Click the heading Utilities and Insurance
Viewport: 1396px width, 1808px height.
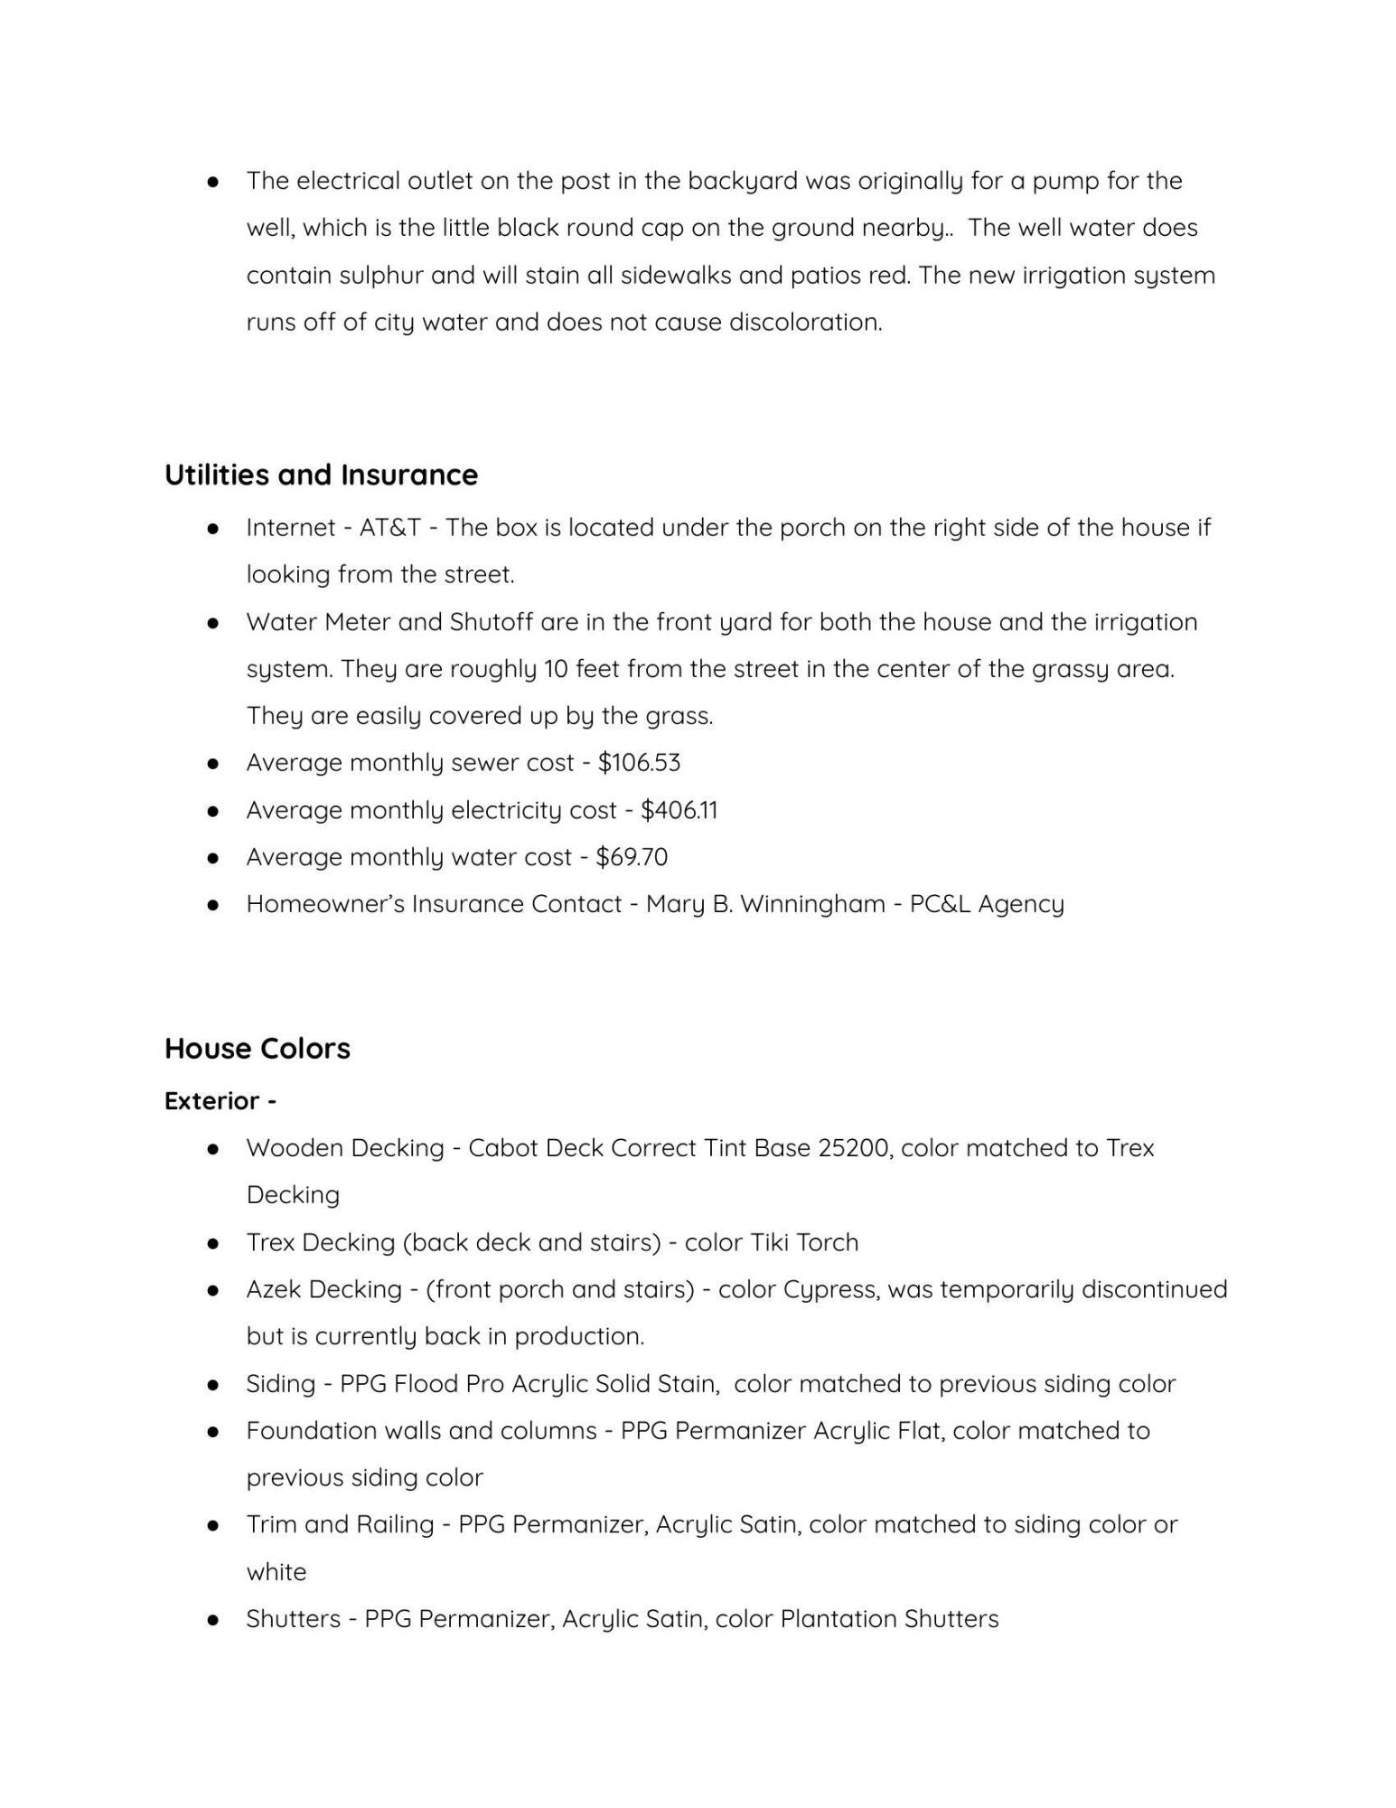(x=321, y=475)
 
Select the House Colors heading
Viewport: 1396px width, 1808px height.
(x=257, y=1048)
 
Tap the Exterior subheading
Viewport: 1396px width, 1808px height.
(x=220, y=1100)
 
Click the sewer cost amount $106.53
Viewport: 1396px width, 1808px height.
(x=639, y=762)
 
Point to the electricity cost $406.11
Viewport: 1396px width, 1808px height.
(x=679, y=809)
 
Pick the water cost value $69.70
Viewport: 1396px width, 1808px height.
(x=632, y=856)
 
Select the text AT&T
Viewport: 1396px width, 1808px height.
(x=390, y=527)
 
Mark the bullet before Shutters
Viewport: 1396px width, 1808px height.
(x=213, y=1618)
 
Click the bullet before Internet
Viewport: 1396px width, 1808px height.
(x=213, y=527)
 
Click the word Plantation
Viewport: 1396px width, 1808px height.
(x=838, y=1618)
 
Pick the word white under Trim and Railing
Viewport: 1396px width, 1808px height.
(x=276, y=1571)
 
